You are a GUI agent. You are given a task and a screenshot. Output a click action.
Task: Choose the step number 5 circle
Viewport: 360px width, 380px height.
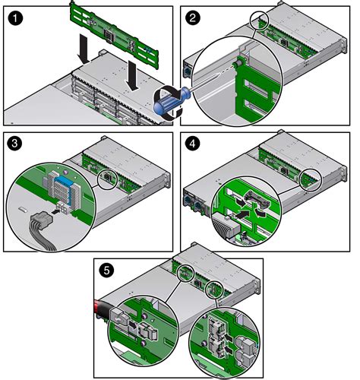tap(108, 269)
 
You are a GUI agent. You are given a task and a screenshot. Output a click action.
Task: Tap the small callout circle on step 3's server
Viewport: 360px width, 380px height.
tap(109, 178)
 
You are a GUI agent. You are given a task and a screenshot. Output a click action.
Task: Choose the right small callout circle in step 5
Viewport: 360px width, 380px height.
tap(215, 290)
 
